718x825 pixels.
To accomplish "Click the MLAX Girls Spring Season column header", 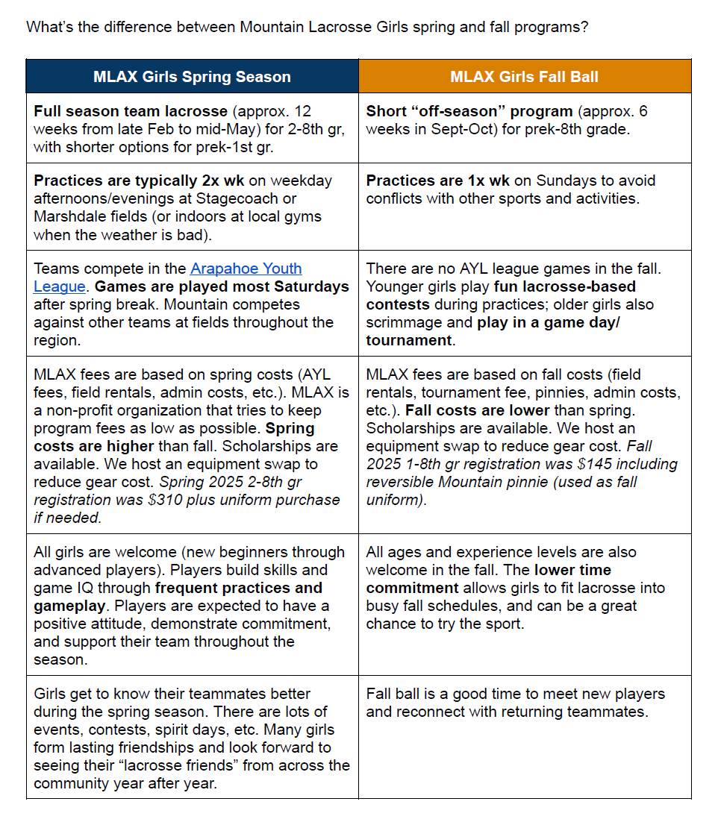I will tap(192, 77).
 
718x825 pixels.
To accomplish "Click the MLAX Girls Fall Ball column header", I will tap(524, 77).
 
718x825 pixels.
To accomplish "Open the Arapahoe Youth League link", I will tap(168, 277).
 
